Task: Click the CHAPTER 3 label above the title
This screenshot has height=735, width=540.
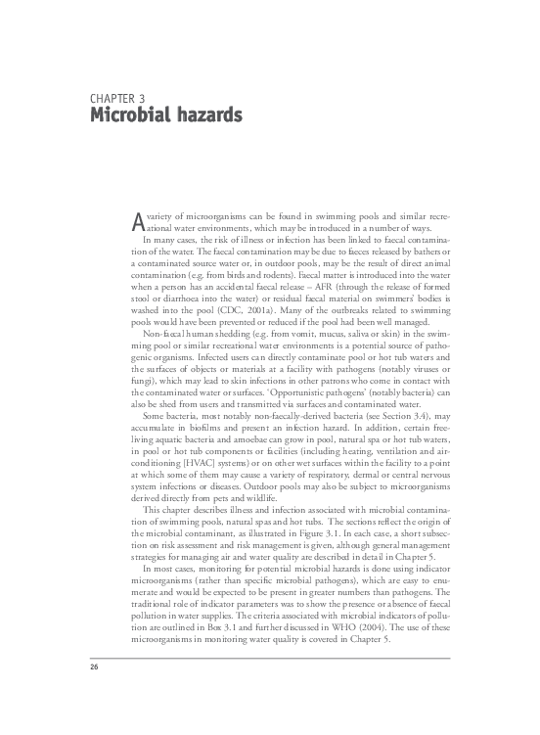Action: click(x=116, y=100)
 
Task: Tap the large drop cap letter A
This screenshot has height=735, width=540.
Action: click(x=137, y=219)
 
